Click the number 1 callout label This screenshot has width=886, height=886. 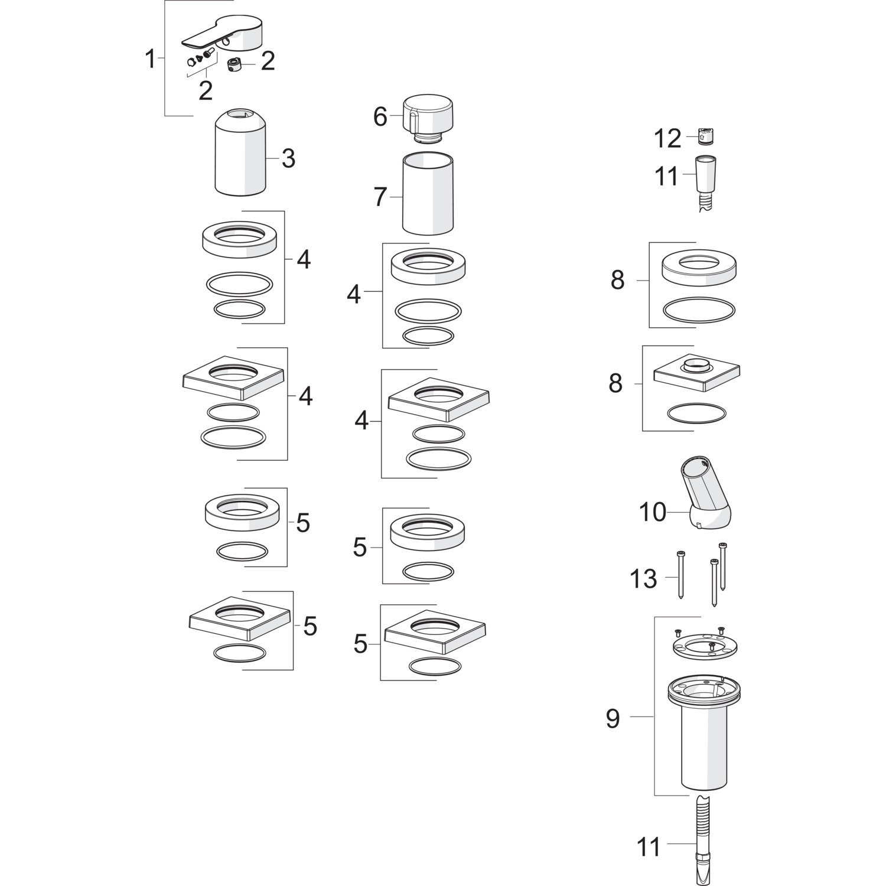[151, 60]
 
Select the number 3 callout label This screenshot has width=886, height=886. [288, 158]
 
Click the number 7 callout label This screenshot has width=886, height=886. [380, 197]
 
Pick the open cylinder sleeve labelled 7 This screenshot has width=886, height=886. [428, 194]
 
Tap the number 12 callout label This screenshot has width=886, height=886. [667, 139]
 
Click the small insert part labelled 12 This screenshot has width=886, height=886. [706, 135]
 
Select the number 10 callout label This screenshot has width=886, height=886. [652, 512]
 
